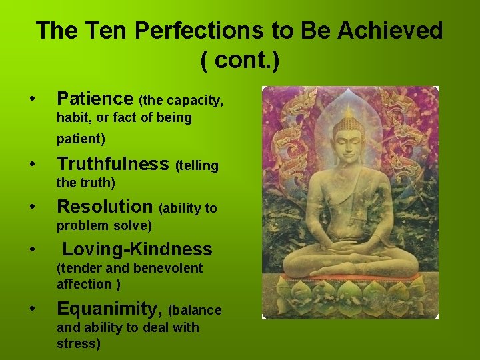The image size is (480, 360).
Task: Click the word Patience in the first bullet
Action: click(95, 99)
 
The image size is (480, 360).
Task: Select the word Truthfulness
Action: click(113, 164)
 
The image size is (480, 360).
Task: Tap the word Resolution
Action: click(105, 207)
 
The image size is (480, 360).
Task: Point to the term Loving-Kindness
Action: click(137, 249)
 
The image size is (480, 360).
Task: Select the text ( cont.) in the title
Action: click(239, 61)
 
